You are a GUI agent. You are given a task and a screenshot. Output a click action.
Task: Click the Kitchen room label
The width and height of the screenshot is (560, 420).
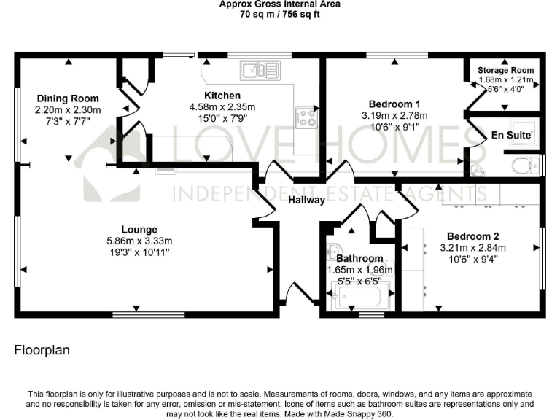pos(222,96)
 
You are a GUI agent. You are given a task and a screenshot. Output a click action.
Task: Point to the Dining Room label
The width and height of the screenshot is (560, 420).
pos(67,98)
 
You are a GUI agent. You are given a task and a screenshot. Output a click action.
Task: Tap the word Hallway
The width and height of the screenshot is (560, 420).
pos(306,201)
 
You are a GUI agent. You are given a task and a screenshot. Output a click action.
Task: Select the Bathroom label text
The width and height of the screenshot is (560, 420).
pos(359,259)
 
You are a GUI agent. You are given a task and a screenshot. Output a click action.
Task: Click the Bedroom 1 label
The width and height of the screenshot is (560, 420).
pos(394,104)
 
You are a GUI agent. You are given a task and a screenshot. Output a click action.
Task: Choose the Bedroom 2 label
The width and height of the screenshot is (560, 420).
pos(472,236)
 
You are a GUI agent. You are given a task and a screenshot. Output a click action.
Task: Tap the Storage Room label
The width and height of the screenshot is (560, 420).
pos(506,70)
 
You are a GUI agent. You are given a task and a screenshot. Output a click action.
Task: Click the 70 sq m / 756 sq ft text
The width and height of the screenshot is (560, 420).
pos(280,14)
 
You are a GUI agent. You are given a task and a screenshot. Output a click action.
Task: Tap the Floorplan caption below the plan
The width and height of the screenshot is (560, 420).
pos(42,351)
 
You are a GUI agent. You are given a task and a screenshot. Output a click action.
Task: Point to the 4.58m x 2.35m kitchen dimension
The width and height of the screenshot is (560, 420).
pos(222,106)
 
